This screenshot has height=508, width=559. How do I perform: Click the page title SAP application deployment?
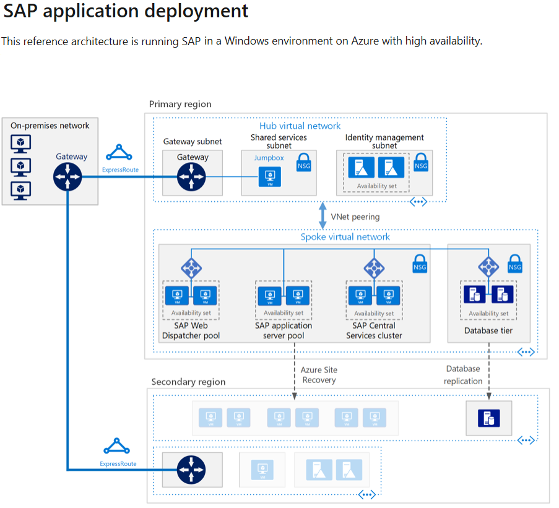126,11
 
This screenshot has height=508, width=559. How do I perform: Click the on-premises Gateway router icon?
67,178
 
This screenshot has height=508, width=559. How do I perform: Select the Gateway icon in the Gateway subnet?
191,177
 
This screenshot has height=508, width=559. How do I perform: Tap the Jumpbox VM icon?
270,177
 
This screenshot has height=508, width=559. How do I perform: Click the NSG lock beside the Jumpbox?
303,163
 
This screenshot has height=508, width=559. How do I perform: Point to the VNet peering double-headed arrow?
323,217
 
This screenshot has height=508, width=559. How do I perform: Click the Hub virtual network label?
300,126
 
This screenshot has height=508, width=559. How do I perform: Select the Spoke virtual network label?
345,237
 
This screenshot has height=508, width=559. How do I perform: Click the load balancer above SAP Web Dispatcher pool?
191,268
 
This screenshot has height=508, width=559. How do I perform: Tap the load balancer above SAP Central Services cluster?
374,268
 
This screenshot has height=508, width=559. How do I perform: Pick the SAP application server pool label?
284,330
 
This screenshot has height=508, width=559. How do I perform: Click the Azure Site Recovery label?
319,374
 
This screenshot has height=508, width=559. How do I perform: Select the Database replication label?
463,374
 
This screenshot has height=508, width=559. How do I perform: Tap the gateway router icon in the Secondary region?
191,469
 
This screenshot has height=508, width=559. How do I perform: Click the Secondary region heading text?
188,382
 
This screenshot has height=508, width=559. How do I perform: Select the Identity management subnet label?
384,141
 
